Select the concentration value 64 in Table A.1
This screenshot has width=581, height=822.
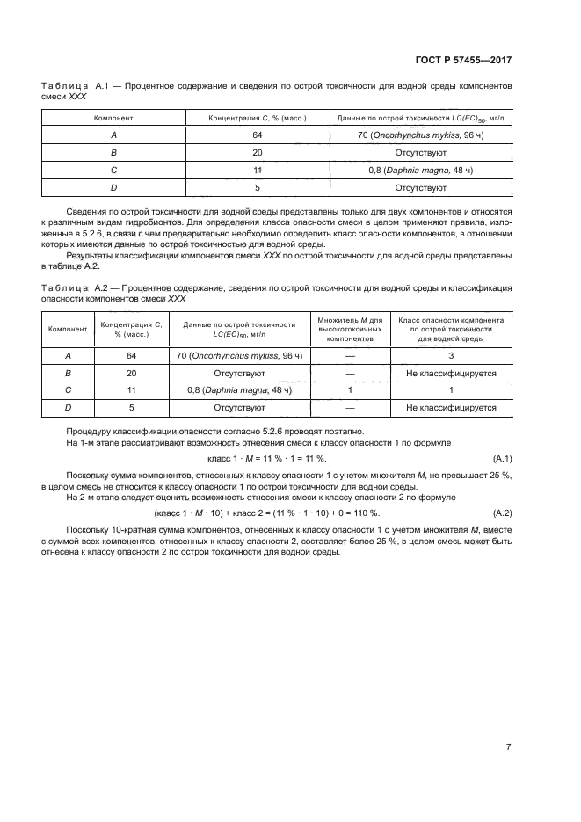click(258, 135)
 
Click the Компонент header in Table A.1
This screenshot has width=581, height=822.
click(114, 118)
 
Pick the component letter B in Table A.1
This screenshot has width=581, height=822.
click(114, 152)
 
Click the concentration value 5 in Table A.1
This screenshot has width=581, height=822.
click(258, 187)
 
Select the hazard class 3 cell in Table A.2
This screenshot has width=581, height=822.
click(451, 355)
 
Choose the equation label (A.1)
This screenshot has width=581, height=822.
click(503, 458)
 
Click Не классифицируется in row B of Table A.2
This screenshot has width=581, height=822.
click(451, 373)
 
